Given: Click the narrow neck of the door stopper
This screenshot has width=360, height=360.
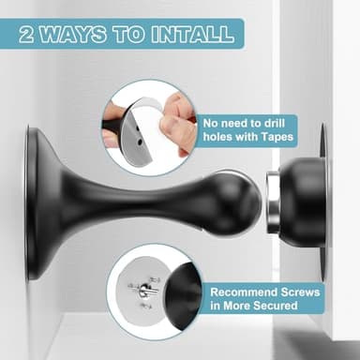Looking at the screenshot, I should pyautogui.click(x=141, y=202).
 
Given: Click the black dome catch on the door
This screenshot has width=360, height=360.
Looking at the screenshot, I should pyautogui.click(x=303, y=201).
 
